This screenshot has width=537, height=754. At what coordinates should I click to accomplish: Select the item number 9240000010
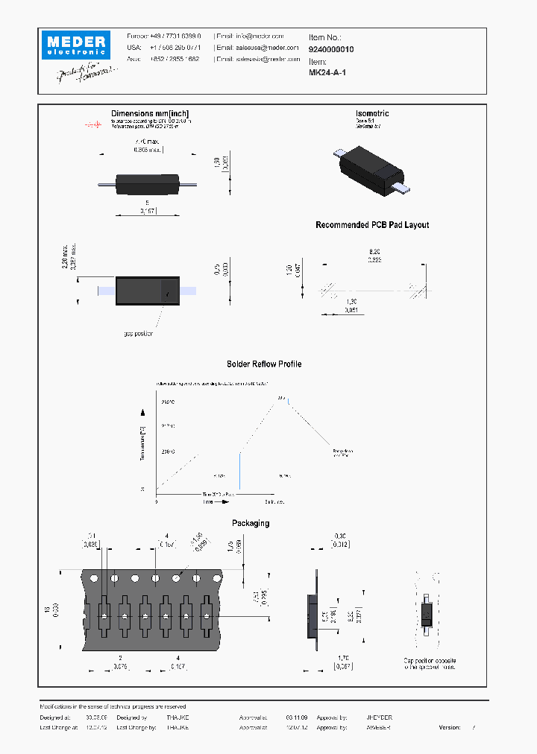pyautogui.click(x=331, y=49)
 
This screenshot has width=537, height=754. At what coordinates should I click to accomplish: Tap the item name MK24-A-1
pyautogui.click(x=327, y=72)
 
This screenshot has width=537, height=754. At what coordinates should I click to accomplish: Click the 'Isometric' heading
pyautogui.click(x=372, y=113)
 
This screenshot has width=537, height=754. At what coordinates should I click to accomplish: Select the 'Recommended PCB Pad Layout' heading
pyautogui.click(x=372, y=225)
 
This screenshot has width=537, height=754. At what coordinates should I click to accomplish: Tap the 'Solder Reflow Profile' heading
pyautogui.click(x=264, y=364)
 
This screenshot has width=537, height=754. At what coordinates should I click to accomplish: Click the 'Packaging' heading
pyautogui.click(x=251, y=523)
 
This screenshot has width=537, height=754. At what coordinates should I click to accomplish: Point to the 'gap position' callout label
pyautogui.click(x=138, y=333)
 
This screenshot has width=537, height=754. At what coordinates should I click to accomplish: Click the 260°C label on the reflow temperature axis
pyautogui.click(x=168, y=402)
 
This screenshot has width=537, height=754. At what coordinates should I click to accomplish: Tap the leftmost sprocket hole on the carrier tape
pyautogui.click(x=94, y=578)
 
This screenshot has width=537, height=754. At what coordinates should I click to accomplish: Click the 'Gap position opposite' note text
pyautogui.click(x=430, y=661)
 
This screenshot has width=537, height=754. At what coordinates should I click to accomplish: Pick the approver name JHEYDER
pyautogui.click(x=379, y=717)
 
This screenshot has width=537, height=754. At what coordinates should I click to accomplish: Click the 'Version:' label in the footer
pyautogui.click(x=450, y=726)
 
